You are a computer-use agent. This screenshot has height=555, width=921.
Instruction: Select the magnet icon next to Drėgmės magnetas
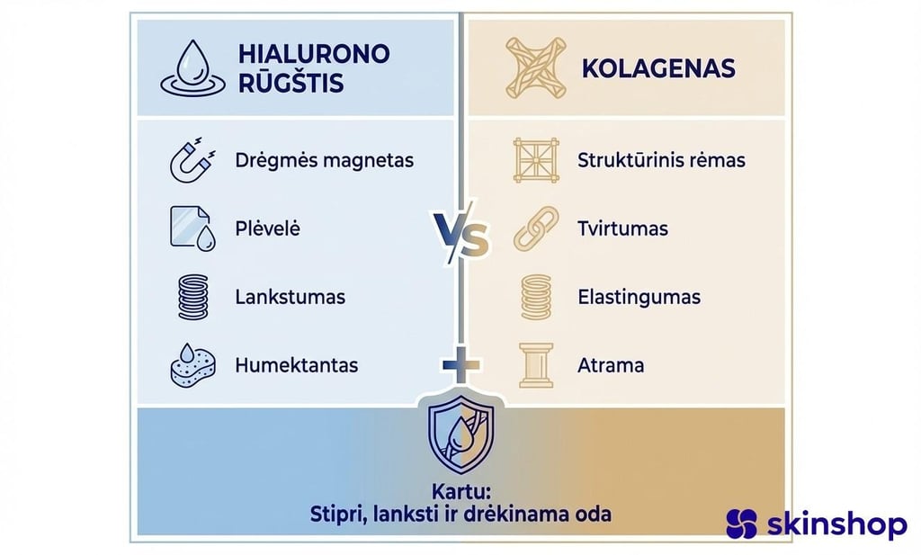(x=192, y=160)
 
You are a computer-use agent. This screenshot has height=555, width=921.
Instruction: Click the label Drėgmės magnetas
(x=324, y=161)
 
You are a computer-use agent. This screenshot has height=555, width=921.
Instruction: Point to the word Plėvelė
(x=267, y=228)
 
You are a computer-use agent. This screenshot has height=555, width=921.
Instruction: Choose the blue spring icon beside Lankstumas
(x=192, y=296)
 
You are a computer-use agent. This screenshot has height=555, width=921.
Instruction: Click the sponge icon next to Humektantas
(x=192, y=365)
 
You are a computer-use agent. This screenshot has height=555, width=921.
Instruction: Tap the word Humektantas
(x=297, y=366)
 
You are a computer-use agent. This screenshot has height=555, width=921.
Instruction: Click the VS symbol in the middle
(x=460, y=237)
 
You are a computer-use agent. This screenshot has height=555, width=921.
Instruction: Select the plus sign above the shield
(x=460, y=364)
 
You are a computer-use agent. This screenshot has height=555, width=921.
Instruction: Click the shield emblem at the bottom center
(x=460, y=434)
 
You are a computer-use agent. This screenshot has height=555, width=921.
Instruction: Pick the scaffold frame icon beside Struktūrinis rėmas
(x=536, y=161)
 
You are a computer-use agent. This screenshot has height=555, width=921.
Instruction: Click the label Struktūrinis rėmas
(x=661, y=161)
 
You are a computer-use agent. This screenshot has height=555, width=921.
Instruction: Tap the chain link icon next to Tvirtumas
(x=536, y=228)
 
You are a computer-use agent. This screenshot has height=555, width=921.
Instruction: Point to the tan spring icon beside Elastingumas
(x=536, y=297)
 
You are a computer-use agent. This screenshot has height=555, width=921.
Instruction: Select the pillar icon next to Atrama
(x=536, y=365)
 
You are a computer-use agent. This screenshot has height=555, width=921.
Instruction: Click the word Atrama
(x=611, y=366)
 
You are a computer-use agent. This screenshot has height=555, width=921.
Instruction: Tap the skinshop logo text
(x=836, y=524)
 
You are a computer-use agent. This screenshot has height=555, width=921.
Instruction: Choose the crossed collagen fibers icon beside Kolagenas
(x=536, y=68)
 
